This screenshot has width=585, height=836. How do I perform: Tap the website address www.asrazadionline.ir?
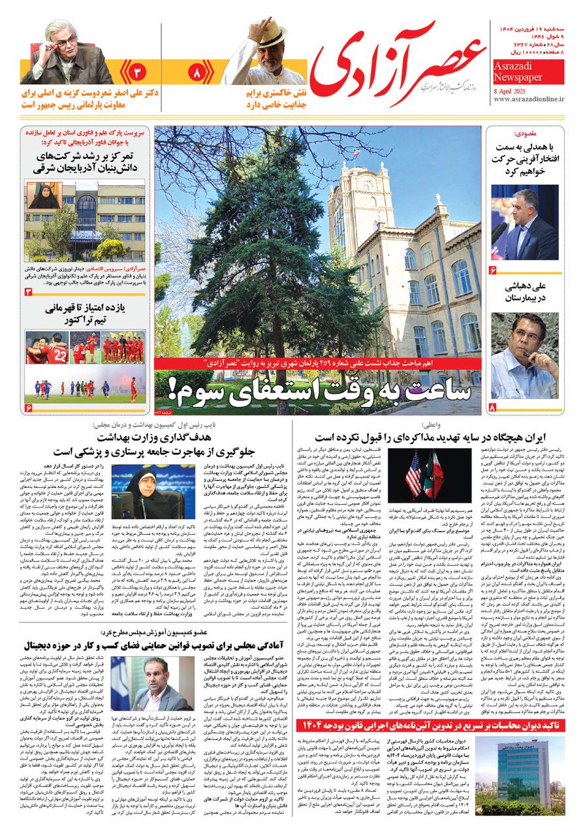[x=529, y=99]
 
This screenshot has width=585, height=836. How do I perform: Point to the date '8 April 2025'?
[x=513, y=89]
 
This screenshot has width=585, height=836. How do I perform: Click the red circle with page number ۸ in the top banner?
[x=197, y=71]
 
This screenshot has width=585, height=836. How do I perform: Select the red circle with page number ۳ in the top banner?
[x=138, y=71]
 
